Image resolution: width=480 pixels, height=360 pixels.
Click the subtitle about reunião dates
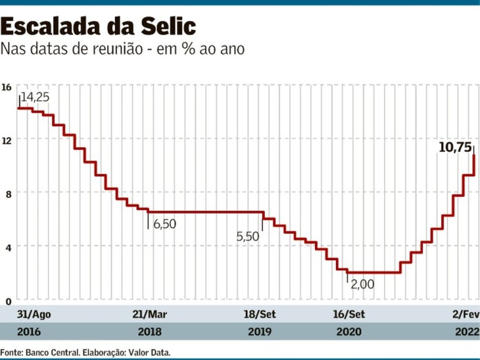pos(122,49)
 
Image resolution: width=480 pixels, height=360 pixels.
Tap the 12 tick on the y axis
pos(6,140)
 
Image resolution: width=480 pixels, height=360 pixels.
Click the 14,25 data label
pos(36,97)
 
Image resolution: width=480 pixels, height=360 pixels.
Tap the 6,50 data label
pos(164,224)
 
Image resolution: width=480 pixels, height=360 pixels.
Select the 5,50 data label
pos(248,236)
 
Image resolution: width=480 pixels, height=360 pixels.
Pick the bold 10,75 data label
pos(454,147)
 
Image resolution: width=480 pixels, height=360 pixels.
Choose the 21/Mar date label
pos(149,315)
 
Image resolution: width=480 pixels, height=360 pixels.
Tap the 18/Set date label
pos(259,315)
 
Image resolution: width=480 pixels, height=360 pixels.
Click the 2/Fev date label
pos(465,315)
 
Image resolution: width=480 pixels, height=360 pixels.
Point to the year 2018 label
pos(149,332)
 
